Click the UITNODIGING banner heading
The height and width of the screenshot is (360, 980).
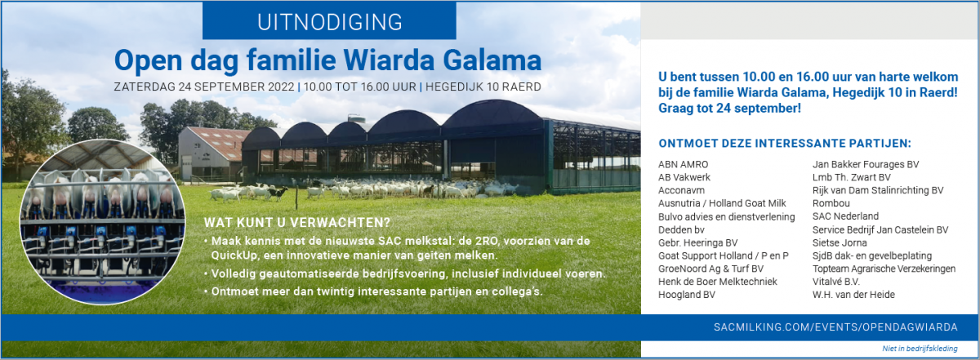tap(329, 21)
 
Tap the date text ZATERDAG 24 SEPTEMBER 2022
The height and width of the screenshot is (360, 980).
tap(205, 86)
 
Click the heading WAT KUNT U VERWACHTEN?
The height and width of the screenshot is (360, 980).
tap(296, 222)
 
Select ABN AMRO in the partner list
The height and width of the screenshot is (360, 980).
tap(684, 164)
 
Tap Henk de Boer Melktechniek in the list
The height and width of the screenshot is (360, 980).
tap(718, 282)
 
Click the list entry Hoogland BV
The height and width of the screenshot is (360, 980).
tap(687, 295)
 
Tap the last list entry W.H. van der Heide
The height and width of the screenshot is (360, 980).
tap(853, 295)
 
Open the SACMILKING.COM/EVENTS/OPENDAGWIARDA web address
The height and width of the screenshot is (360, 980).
tap(835, 327)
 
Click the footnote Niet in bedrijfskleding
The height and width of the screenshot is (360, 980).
tap(920, 349)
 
